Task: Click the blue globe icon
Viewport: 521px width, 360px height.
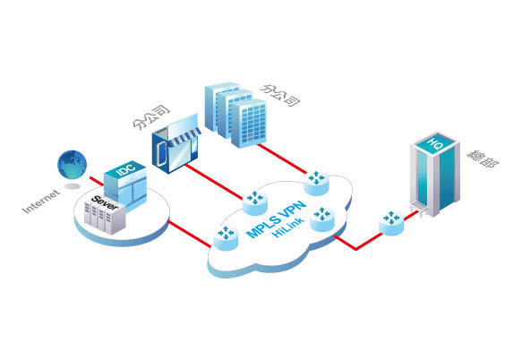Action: (73, 165)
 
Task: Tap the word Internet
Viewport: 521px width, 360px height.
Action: (41, 201)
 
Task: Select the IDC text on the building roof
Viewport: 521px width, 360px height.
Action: (126, 169)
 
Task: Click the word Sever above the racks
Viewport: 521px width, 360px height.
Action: (105, 203)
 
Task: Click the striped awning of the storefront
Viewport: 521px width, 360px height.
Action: (184, 137)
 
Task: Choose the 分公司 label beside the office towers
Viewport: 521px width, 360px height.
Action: (280, 95)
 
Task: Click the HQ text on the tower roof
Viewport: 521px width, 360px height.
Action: (434, 143)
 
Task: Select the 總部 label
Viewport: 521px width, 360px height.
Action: (483, 159)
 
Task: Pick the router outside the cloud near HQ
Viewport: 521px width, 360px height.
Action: (391, 222)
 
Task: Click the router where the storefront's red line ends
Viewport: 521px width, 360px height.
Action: (255, 202)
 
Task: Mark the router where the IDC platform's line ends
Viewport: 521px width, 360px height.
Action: (226, 237)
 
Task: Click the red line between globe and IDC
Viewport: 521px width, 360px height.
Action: (97, 182)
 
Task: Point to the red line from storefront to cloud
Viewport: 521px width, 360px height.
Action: (214, 182)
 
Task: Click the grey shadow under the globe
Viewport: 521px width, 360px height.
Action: (73, 186)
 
